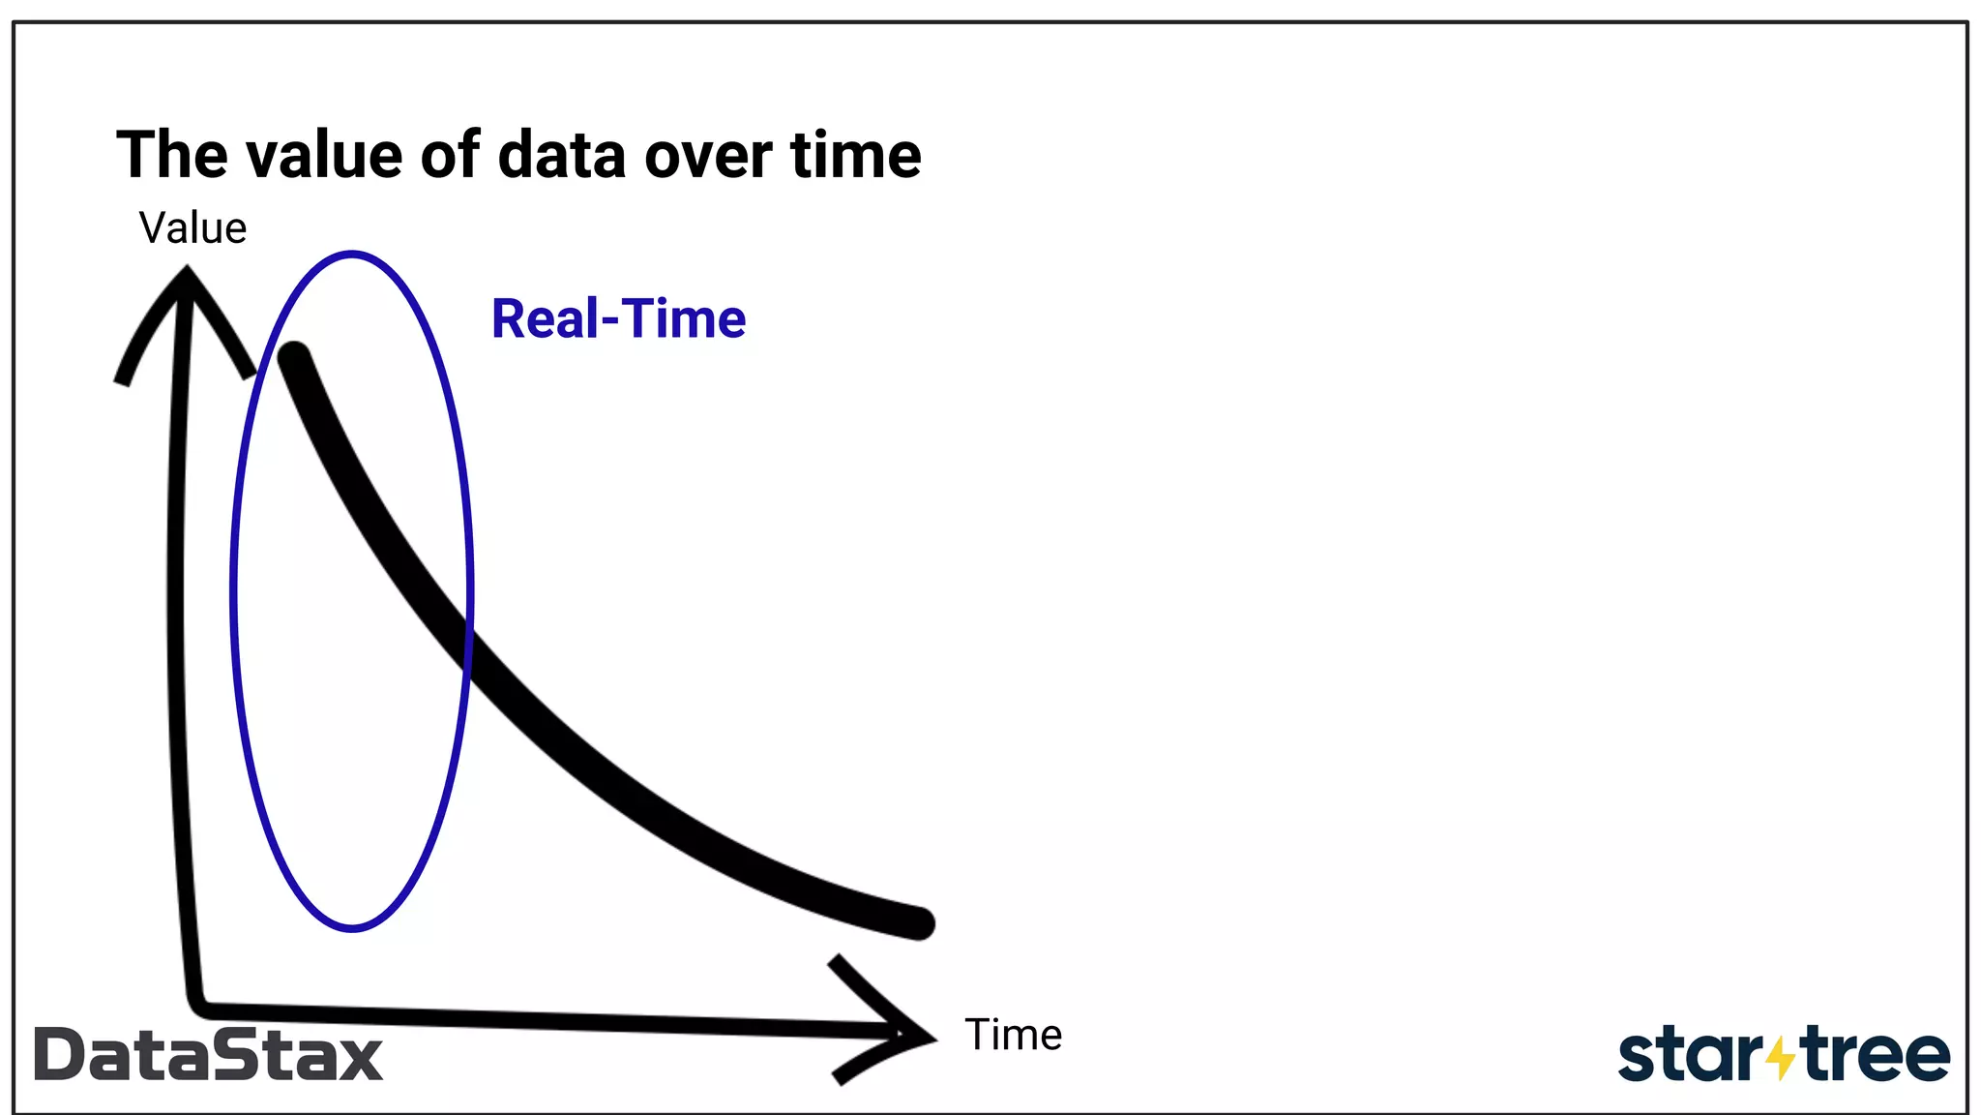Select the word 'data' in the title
click(x=561, y=156)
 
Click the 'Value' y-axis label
click(x=192, y=228)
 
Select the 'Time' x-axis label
click(x=1013, y=1035)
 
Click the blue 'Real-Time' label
click(x=618, y=319)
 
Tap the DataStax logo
click(x=208, y=1055)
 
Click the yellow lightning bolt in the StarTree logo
click(x=1781, y=1058)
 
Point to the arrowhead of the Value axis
click(x=185, y=281)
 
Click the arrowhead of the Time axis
click(x=919, y=1037)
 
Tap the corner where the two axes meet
click(x=198, y=1007)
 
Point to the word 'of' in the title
click(x=450, y=156)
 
